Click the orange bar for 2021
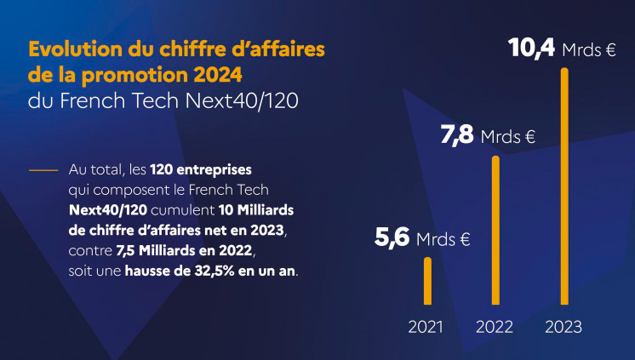[x=427, y=280]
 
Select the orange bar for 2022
[x=495, y=230]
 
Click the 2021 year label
[x=426, y=327]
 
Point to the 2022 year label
[x=494, y=327]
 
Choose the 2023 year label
[x=563, y=327]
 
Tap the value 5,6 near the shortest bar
[x=392, y=237]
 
